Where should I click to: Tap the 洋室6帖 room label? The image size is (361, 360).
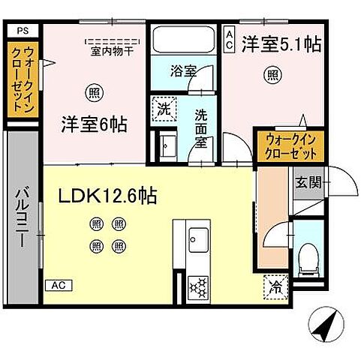pos(93,124)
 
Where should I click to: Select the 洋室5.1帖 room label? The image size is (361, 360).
pos(281,44)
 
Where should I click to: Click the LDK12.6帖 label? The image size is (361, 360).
pos(107,196)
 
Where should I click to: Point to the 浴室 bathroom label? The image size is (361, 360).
pos(182,72)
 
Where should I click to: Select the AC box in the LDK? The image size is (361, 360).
pos(58,285)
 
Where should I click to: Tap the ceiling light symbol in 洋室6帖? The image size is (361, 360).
pos(93,93)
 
